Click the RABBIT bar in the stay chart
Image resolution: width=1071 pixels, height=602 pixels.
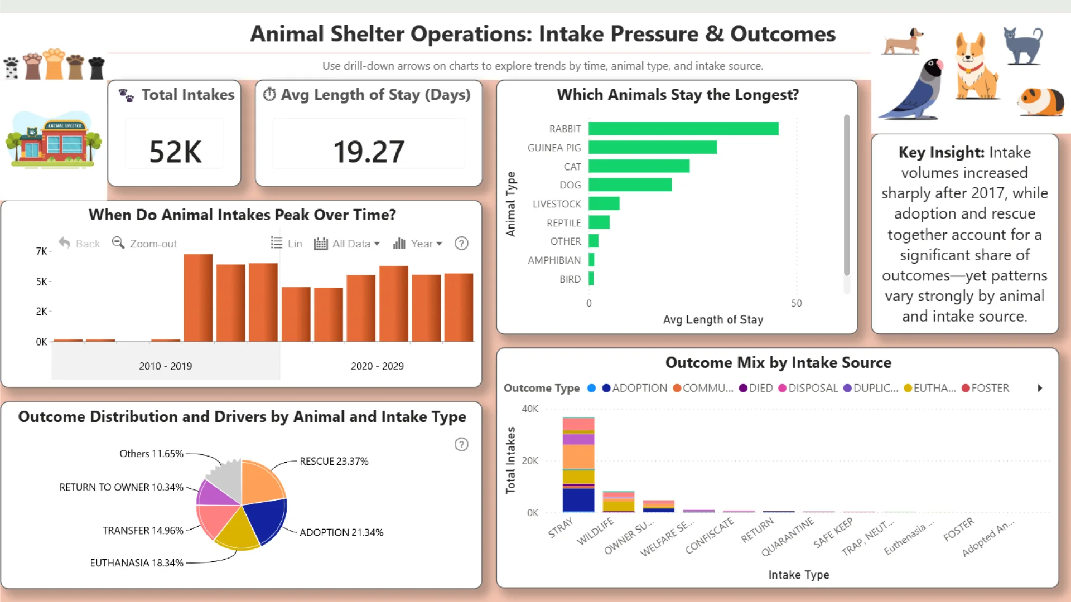(683, 129)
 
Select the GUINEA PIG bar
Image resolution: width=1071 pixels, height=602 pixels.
(653, 148)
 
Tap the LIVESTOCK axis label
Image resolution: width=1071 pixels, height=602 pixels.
(557, 204)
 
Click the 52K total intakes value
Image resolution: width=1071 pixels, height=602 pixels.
(175, 152)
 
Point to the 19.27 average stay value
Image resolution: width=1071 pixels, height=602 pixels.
(369, 152)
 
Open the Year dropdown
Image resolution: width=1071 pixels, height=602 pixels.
(418, 244)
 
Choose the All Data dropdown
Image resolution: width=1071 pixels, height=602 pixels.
(348, 244)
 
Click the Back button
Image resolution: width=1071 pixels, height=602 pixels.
(80, 244)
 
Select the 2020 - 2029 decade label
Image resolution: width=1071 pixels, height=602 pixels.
(377, 366)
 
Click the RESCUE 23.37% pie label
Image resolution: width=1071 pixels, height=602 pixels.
(334, 462)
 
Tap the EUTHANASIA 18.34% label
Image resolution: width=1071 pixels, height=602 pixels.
(137, 563)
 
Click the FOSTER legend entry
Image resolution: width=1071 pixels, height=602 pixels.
(985, 388)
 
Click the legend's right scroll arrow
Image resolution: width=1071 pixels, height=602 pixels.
(1040, 388)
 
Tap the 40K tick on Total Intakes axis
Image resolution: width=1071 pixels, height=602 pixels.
(529, 409)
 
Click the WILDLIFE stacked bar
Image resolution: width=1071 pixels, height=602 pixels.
(619, 502)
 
